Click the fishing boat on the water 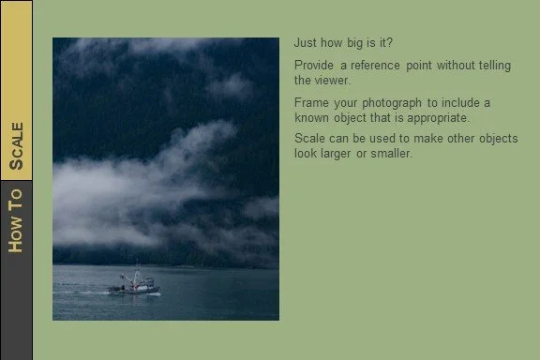[x=133, y=285]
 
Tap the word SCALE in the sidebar [x=16, y=147]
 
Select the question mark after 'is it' [x=390, y=42]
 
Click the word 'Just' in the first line [x=306, y=42]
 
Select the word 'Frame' [x=311, y=102]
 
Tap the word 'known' [x=312, y=118]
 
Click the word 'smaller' [x=390, y=154]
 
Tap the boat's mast [x=137, y=274]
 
